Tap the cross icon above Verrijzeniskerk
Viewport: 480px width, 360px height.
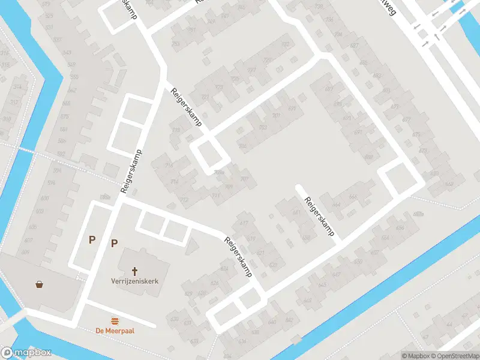(x=134, y=271)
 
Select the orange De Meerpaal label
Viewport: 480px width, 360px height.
(x=114, y=330)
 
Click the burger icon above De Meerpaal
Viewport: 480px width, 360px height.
(x=114, y=321)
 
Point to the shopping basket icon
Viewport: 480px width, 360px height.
(x=40, y=284)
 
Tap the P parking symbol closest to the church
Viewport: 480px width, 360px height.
(x=114, y=243)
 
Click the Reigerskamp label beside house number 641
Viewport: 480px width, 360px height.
(x=319, y=217)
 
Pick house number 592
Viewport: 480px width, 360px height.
(x=61, y=154)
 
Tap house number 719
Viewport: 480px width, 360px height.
(x=176, y=130)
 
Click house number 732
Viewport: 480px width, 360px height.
(x=286, y=44)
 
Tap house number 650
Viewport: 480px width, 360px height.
(x=358, y=262)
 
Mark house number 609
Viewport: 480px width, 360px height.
(x=25, y=252)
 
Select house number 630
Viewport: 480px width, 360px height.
(x=175, y=319)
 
